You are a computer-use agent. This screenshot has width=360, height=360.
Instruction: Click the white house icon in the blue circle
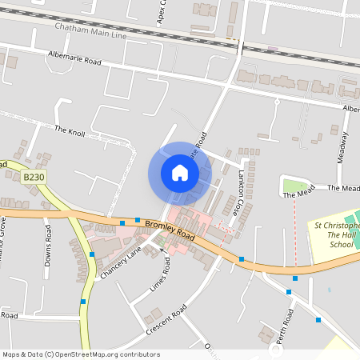[x=179, y=173]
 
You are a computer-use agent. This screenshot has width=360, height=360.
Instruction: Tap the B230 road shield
[x=33, y=178]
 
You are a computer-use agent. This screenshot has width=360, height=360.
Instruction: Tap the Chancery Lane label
[x=121, y=262]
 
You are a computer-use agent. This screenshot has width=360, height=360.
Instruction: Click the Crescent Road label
[x=166, y=320]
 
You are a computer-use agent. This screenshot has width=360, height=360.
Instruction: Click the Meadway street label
[x=343, y=147]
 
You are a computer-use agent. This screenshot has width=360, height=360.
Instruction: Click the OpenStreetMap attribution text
[x=81, y=354]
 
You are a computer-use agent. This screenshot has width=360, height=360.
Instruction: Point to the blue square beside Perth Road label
[x=318, y=320]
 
